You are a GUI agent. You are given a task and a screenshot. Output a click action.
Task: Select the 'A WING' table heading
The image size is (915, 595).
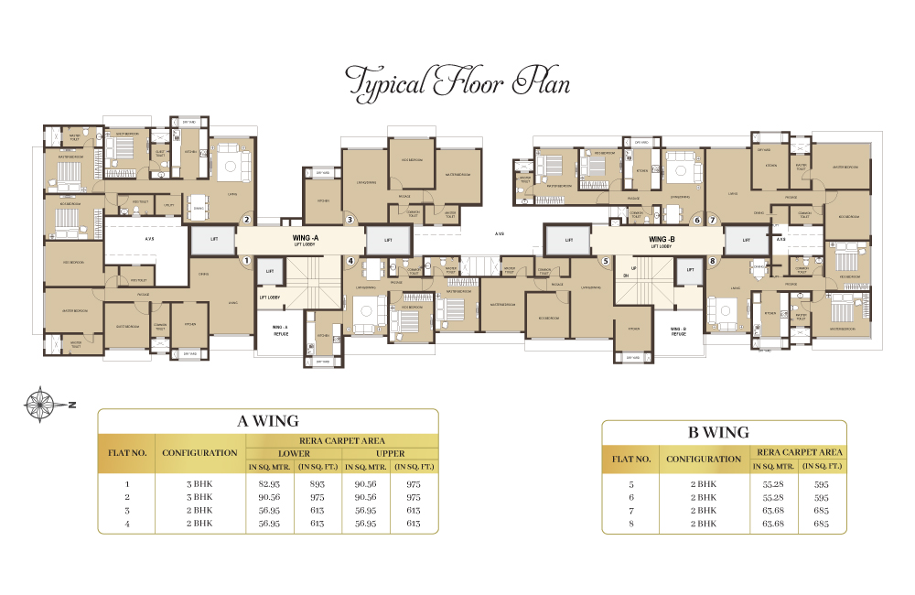(x=267, y=421)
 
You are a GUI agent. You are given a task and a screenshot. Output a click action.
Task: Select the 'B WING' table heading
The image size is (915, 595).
(x=724, y=432)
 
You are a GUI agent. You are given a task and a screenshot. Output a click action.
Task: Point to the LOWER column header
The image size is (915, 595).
(x=294, y=453)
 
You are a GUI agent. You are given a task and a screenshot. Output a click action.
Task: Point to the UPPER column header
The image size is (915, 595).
(x=390, y=453)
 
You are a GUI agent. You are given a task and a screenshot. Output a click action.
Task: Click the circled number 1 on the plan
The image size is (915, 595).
(x=246, y=260)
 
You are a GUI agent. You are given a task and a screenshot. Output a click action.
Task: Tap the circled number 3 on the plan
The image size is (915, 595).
(x=350, y=220)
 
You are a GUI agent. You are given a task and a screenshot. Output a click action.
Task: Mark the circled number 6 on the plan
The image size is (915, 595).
(x=696, y=220)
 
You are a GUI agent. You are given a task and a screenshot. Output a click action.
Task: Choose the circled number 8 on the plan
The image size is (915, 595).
(x=712, y=261)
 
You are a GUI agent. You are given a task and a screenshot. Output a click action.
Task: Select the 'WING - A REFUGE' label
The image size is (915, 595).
(x=280, y=330)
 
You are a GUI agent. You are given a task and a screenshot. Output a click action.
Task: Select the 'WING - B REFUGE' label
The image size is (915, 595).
(x=678, y=331)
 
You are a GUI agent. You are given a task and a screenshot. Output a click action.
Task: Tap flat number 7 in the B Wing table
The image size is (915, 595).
(x=630, y=510)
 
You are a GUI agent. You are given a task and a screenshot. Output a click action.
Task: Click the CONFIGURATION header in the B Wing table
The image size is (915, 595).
(x=704, y=459)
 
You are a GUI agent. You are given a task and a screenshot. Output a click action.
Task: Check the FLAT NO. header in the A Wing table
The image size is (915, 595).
(x=127, y=452)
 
